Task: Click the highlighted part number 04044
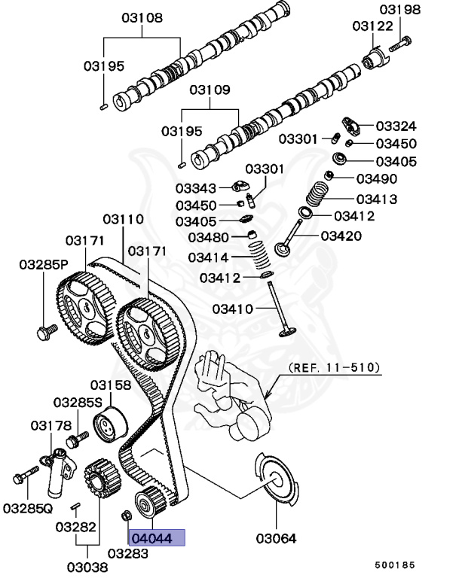[157, 538]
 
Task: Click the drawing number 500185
[396, 564]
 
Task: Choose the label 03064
[276, 538]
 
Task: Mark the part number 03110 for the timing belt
[123, 219]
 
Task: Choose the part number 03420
[341, 236]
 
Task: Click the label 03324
[396, 126]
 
